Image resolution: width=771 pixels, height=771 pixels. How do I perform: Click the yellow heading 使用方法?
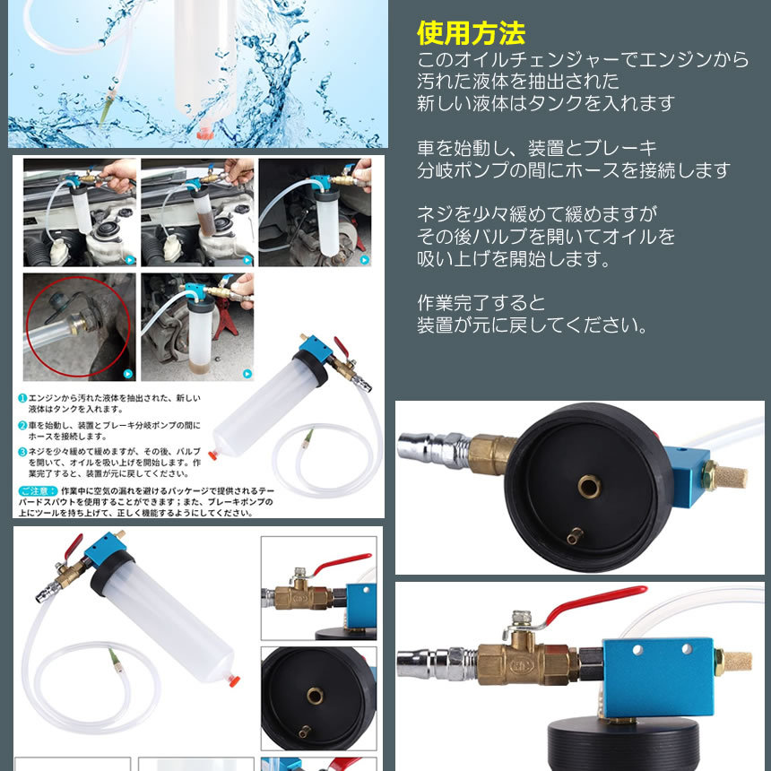471,34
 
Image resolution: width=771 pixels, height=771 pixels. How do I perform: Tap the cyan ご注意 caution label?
39,491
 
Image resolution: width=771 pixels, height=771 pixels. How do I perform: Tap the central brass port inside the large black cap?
589,487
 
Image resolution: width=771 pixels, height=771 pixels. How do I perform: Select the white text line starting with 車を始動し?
538,148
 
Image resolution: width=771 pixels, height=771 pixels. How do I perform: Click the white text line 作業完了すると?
481,302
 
